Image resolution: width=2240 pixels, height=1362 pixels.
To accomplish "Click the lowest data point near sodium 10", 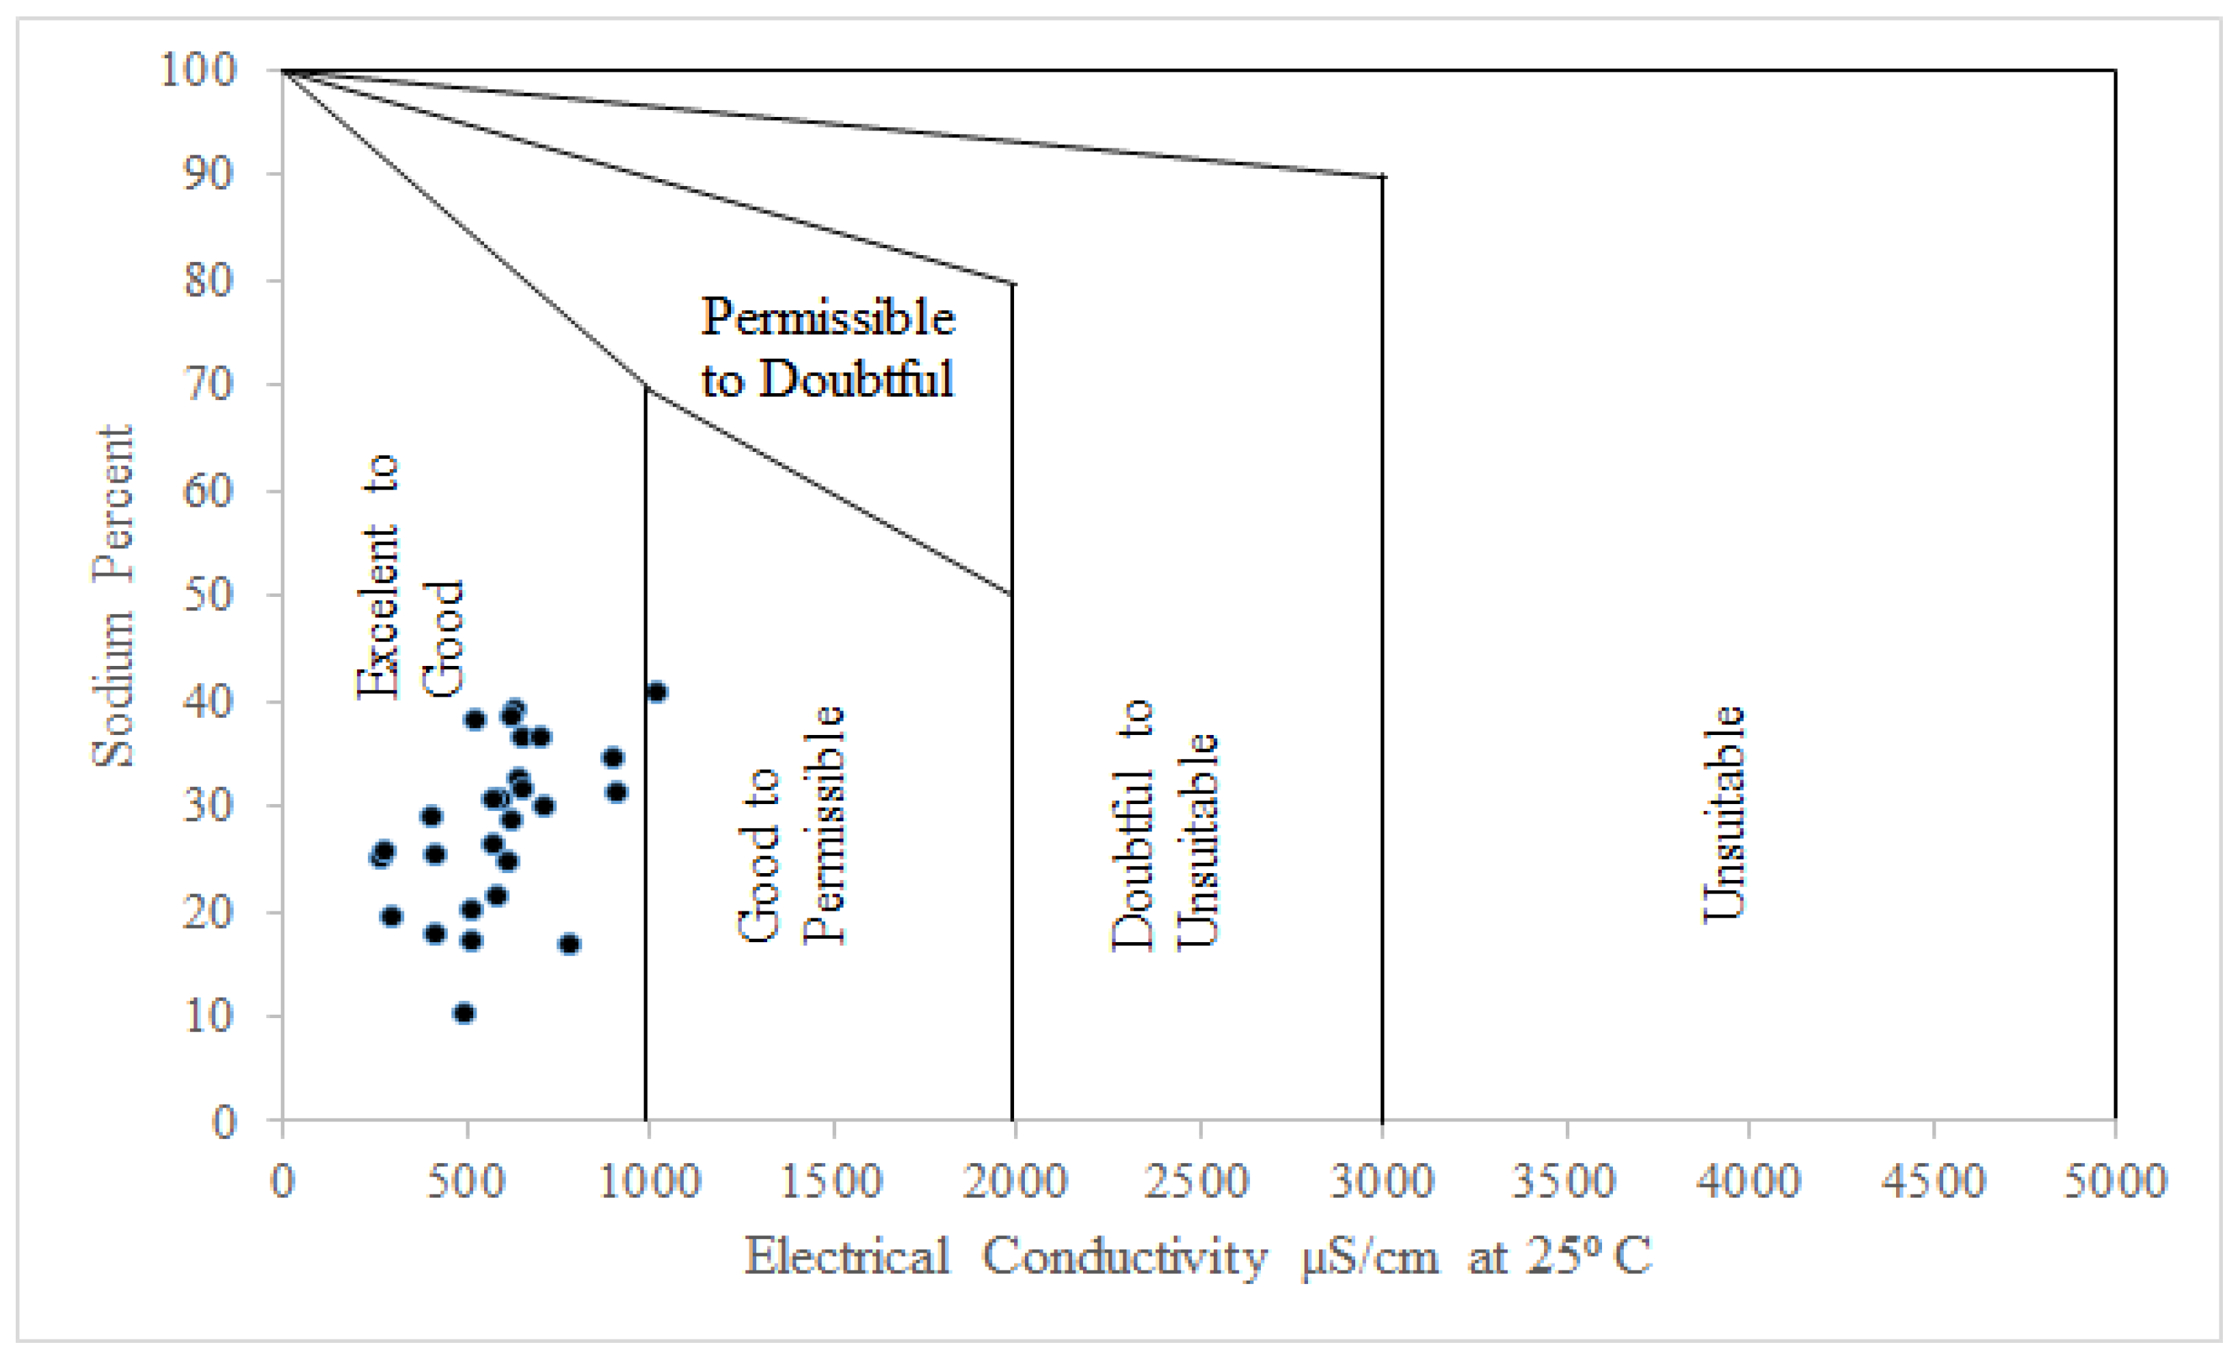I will click(464, 1013).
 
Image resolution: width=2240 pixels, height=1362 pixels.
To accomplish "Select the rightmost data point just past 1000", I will click(656, 692).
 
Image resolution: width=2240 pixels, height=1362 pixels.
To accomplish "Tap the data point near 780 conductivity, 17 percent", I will click(569, 944).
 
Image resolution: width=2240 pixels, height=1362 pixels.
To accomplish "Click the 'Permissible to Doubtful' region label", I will click(827, 347).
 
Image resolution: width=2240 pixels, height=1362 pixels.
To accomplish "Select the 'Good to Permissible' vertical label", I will click(791, 825).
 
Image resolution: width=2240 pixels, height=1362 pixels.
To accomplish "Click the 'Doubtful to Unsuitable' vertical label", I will click(1164, 825).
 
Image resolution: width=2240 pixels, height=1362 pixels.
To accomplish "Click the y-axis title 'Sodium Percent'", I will click(114, 596).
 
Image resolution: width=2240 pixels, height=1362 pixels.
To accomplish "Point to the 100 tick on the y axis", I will click(198, 69).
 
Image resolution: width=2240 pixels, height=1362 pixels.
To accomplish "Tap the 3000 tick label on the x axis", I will click(1382, 1181).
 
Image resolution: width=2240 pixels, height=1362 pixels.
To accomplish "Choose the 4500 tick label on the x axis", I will click(1933, 1181).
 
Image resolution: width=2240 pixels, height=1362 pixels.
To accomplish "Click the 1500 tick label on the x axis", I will click(832, 1181).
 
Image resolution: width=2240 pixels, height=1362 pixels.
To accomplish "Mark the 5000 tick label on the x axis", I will click(2116, 1181).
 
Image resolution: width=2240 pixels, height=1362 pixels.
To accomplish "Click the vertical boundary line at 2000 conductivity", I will click(1012, 818).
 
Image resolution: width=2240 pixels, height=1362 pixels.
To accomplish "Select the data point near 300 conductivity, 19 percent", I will click(391, 916).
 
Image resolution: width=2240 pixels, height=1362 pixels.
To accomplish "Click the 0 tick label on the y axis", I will click(224, 1122).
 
